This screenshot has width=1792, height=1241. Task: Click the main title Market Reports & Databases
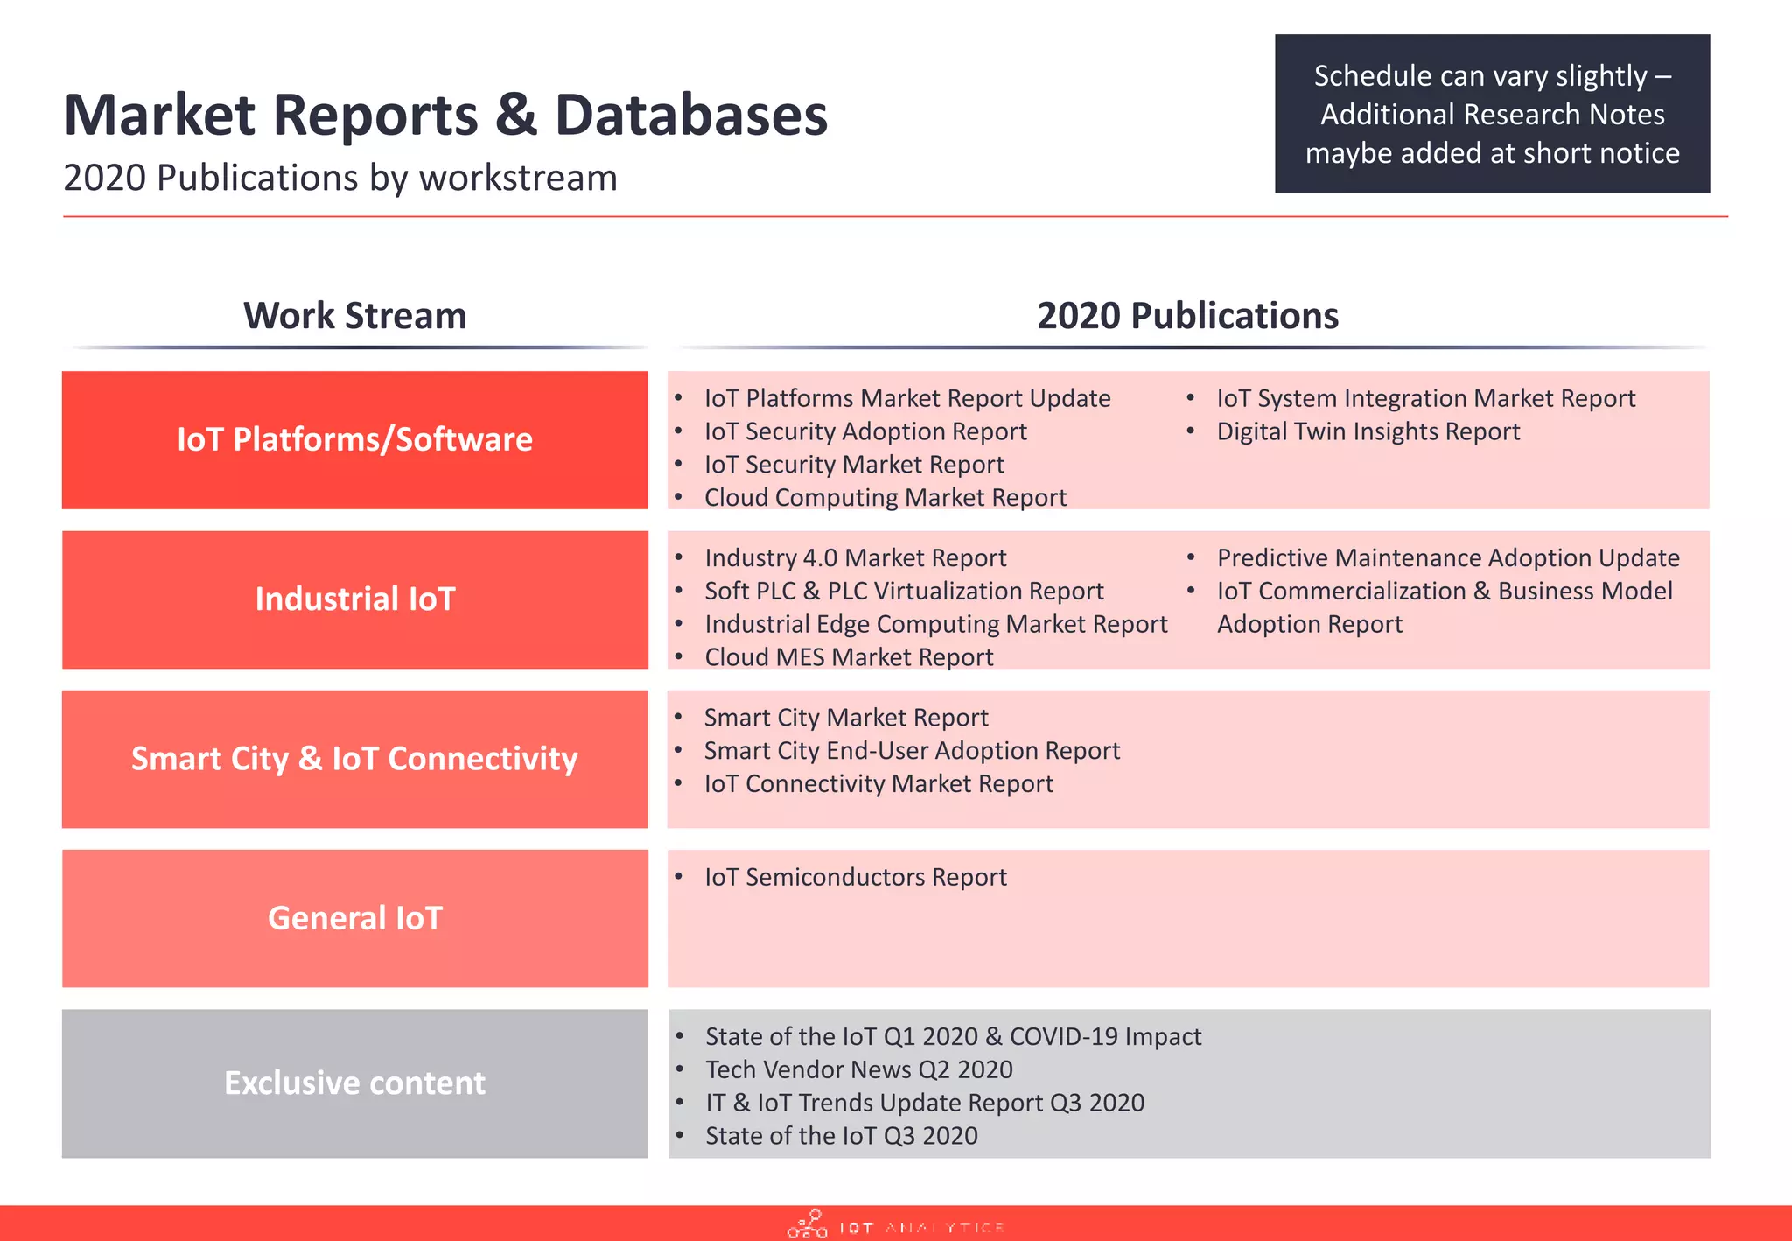pos(445,115)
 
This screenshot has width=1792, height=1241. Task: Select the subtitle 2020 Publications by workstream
pos(340,178)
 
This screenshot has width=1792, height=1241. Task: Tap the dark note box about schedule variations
pos(1492,114)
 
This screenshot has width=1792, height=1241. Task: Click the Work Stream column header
pos(354,316)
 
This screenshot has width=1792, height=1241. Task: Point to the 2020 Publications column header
pos(1187,316)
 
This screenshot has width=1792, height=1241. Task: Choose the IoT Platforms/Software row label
pos(354,439)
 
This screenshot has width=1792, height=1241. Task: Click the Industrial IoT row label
pos(354,599)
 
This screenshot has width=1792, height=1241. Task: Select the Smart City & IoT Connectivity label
pos(354,759)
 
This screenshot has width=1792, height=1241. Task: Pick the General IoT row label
pos(354,918)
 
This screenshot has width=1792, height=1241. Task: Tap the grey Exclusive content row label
pos(354,1083)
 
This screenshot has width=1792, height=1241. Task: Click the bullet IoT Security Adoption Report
pos(865,431)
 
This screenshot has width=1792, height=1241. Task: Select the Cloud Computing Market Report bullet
pos(885,498)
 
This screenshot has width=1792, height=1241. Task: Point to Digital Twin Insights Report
pos(1368,431)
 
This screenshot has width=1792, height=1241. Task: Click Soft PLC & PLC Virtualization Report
pos(904,592)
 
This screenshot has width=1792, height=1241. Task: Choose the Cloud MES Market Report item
pos(849,657)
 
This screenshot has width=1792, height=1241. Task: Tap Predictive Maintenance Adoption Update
pos(1447,558)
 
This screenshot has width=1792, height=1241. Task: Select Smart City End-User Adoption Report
pos(912,751)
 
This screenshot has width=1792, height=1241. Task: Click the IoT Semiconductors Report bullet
pos(856,877)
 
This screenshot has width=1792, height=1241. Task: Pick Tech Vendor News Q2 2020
pos(858,1069)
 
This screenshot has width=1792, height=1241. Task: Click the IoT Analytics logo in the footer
pos(895,1225)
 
